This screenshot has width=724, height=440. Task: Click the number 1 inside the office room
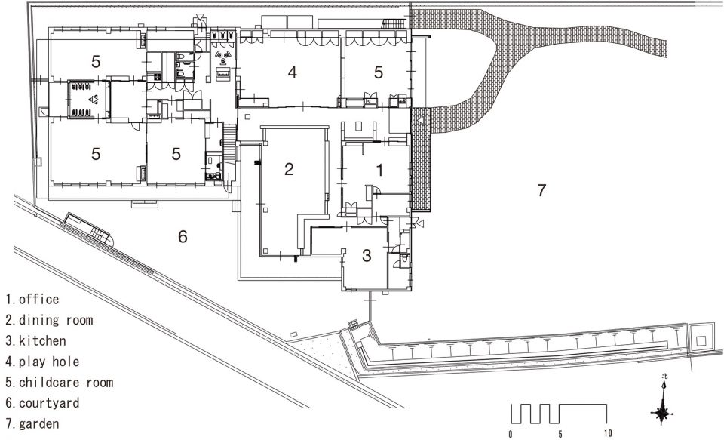[x=379, y=170]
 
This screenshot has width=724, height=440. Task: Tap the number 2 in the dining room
[x=289, y=169]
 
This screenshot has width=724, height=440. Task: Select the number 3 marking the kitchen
[x=367, y=255]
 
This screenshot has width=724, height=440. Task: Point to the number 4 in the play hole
[x=292, y=72]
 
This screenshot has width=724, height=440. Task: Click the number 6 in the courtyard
[x=183, y=237]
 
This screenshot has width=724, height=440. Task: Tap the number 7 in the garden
[x=541, y=190]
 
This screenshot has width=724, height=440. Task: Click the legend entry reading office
[x=32, y=300]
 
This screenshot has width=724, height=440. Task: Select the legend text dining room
[x=50, y=320]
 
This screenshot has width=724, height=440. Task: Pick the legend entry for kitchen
[x=36, y=341]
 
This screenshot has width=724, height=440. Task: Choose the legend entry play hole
[x=42, y=362]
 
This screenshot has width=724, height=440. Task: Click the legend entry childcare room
[x=60, y=383]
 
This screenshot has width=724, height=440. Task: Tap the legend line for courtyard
[x=42, y=403]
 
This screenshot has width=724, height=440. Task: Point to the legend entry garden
[x=32, y=424]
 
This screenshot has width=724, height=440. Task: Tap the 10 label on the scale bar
[x=608, y=433]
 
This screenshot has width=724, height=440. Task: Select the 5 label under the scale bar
[x=560, y=434]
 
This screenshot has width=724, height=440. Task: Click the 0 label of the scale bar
[x=511, y=434]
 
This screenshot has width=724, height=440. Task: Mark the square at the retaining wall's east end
[x=701, y=341]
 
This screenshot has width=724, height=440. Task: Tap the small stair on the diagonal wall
[x=97, y=233]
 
